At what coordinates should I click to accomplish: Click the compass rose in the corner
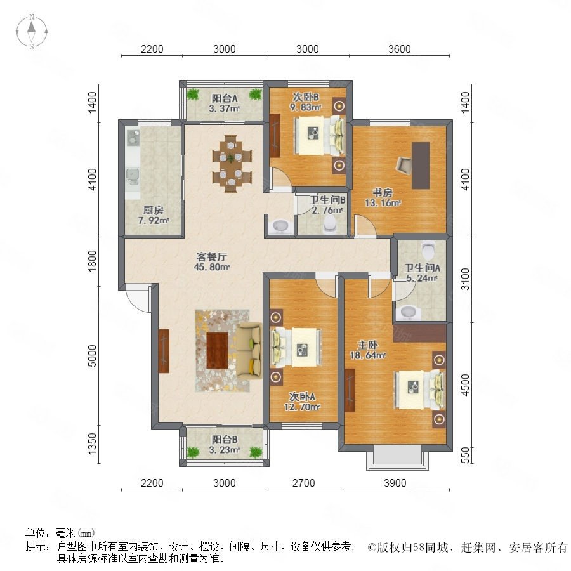click(x=32, y=32)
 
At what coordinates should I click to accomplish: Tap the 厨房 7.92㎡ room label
click(x=154, y=215)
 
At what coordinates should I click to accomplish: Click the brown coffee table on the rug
click(x=217, y=350)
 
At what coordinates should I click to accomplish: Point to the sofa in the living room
click(x=249, y=351)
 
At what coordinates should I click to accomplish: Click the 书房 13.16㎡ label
click(x=383, y=198)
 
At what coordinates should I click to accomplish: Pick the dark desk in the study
click(x=421, y=166)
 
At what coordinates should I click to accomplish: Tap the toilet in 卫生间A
click(x=428, y=249)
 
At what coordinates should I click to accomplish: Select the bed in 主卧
click(x=420, y=390)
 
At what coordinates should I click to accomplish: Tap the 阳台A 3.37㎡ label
click(x=225, y=103)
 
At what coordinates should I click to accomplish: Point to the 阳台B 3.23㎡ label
click(x=225, y=445)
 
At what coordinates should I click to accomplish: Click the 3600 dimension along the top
click(x=400, y=49)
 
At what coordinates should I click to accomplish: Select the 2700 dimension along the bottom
click(x=304, y=483)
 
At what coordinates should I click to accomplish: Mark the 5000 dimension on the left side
click(x=93, y=356)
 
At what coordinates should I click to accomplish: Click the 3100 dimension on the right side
click(x=466, y=279)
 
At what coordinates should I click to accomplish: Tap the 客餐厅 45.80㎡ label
click(x=211, y=262)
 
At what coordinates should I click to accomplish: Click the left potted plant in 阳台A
click(x=193, y=95)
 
